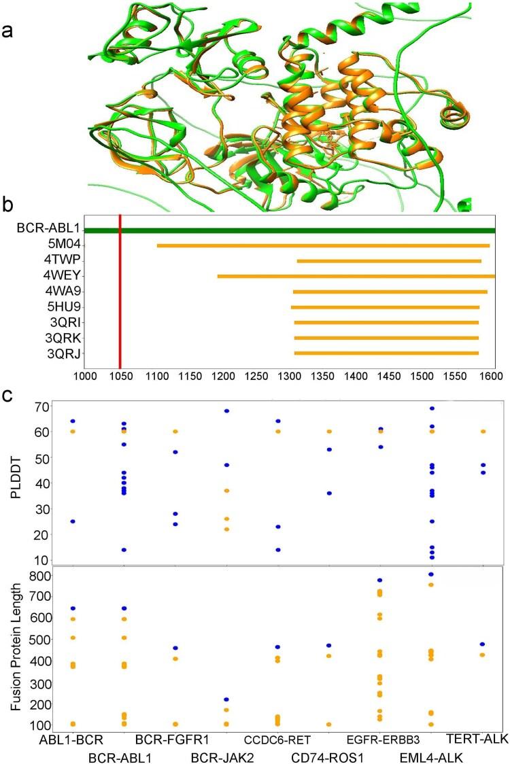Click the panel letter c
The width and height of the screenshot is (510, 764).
pos(8,395)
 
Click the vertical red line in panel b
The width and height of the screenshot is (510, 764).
pos(120,292)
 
